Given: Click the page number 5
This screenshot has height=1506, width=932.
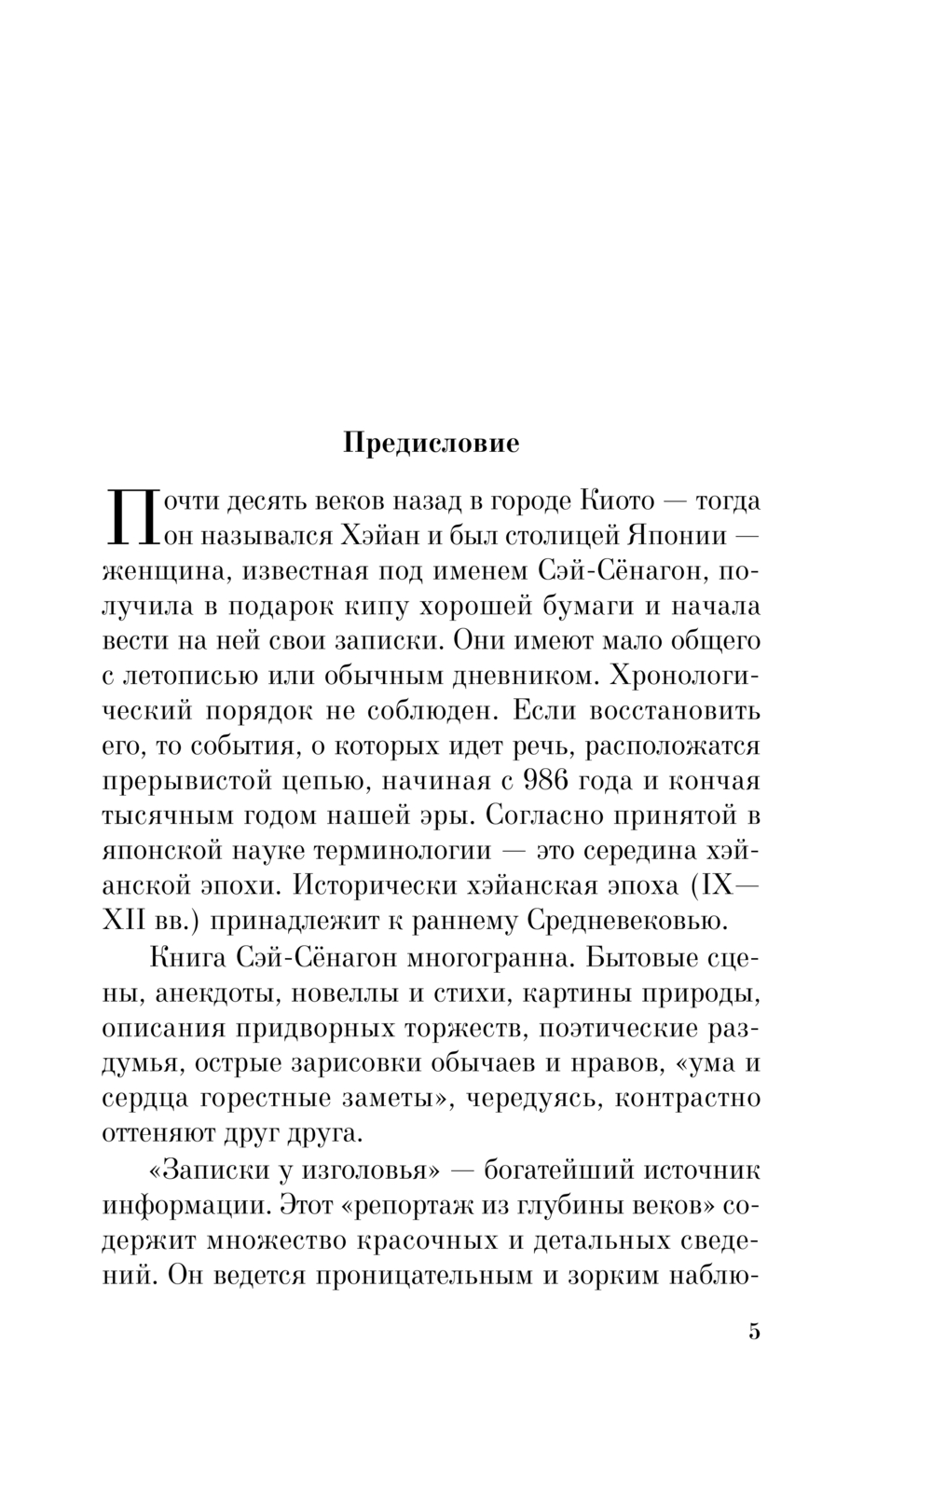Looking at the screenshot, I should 754,1331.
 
